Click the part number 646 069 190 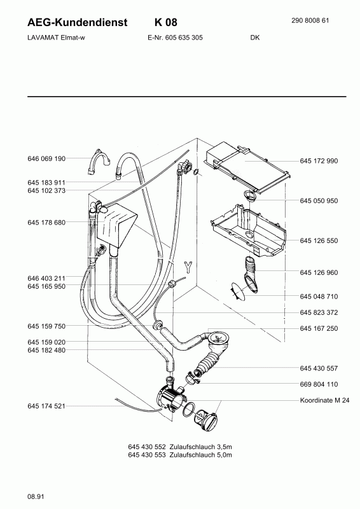click(x=46, y=158)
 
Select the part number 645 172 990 click(x=319, y=161)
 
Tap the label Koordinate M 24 click(x=324, y=400)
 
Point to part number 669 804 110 click(x=319, y=384)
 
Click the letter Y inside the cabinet click(x=188, y=267)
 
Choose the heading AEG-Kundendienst click(x=77, y=22)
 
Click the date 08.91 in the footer click(x=36, y=496)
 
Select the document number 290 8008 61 click(x=310, y=20)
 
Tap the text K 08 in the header click(x=166, y=22)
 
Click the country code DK click(x=255, y=38)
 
